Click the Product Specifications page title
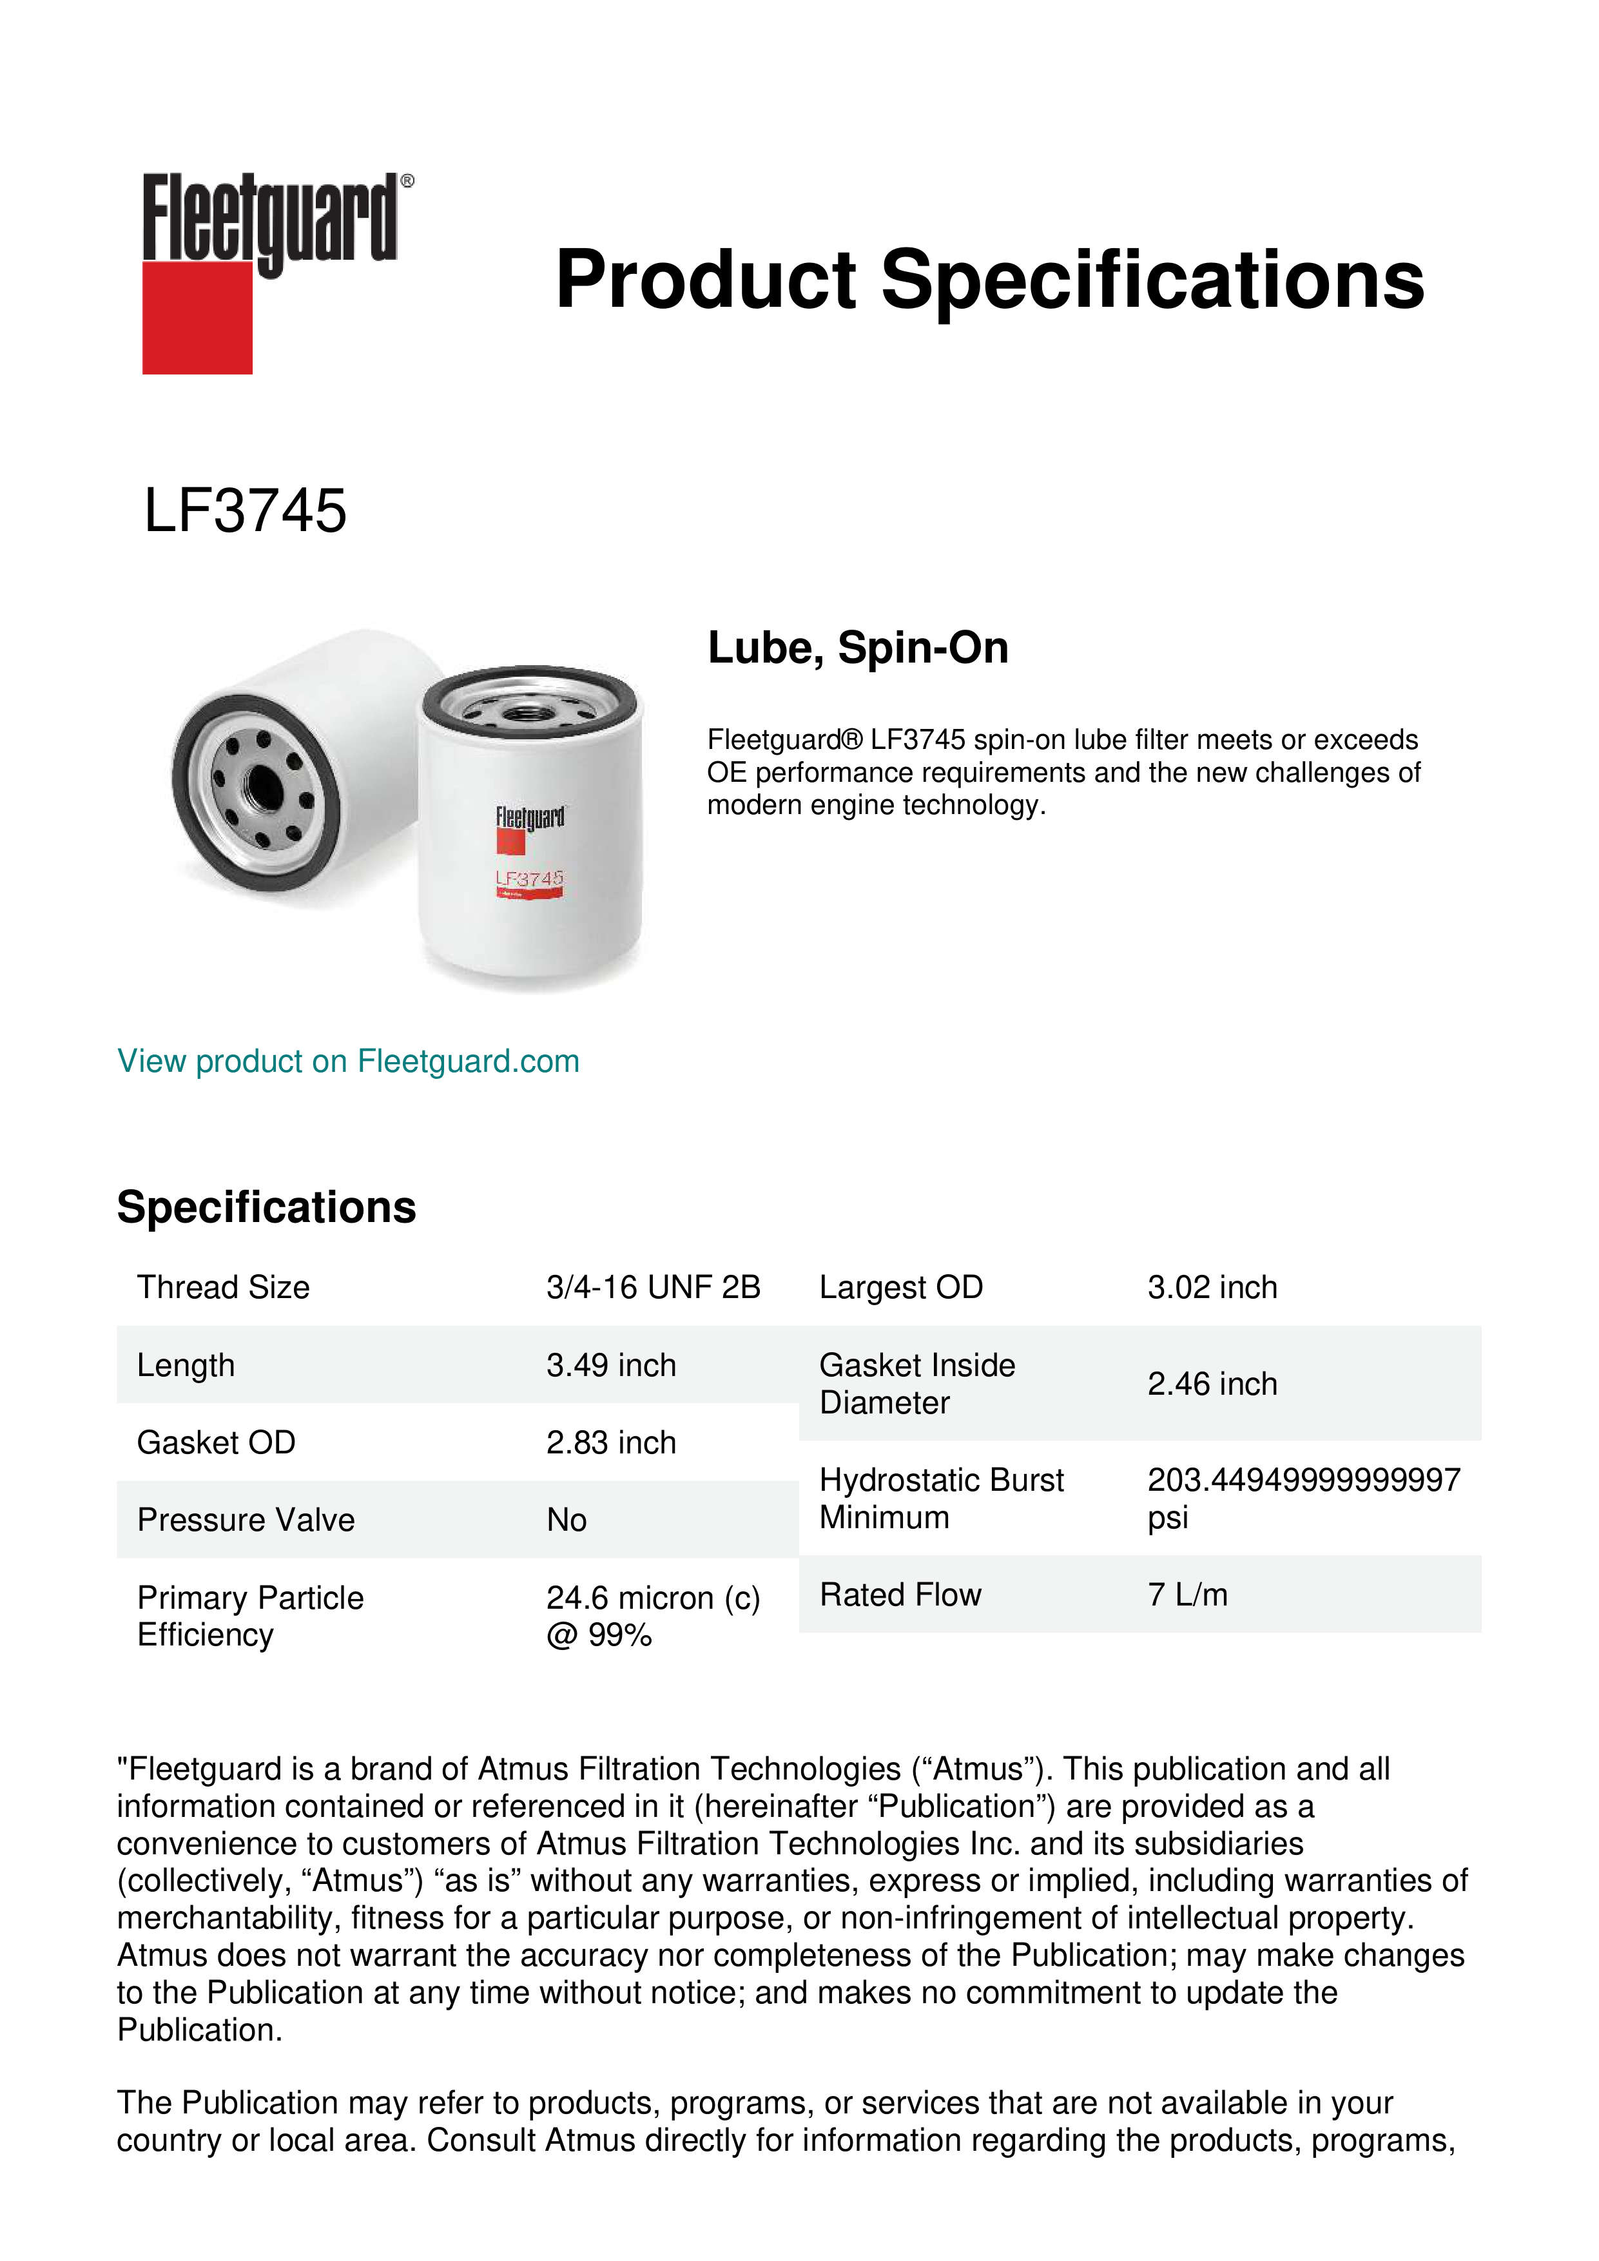(x=989, y=280)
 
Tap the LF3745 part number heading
(x=245, y=511)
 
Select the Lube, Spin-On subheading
(x=858, y=648)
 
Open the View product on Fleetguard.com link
(x=349, y=1061)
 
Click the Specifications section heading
(x=266, y=1207)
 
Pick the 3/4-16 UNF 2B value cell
(x=653, y=1287)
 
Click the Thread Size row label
(x=224, y=1287)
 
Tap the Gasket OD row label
(x=216, y=1442)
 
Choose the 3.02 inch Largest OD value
(x=1212, y=1287)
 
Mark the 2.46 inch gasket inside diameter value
(x=1212, y=1384)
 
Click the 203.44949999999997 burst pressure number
(x=1304, y=1479)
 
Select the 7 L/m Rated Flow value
(x=1187, y=1595)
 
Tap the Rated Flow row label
(x=900, y=1595)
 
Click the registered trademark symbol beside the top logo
(x=407, y=181)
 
